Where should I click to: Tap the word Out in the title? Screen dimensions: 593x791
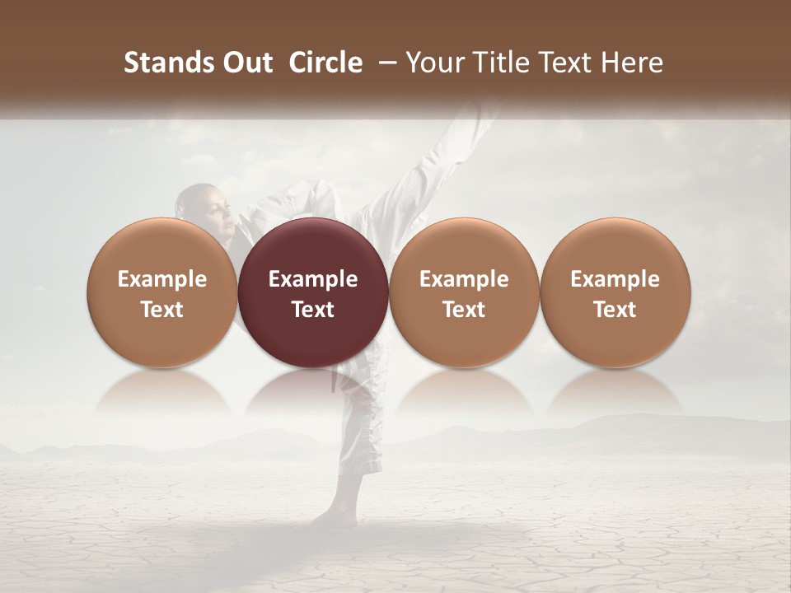point(246,63)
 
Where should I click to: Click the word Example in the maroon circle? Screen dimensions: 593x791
point(313,279)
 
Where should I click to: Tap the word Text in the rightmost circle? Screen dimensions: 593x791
point(615,310)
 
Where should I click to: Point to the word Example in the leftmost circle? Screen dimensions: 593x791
point(162,279)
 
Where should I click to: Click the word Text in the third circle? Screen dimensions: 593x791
point(464,310)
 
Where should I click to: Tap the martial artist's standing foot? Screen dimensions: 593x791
point(334,515)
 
